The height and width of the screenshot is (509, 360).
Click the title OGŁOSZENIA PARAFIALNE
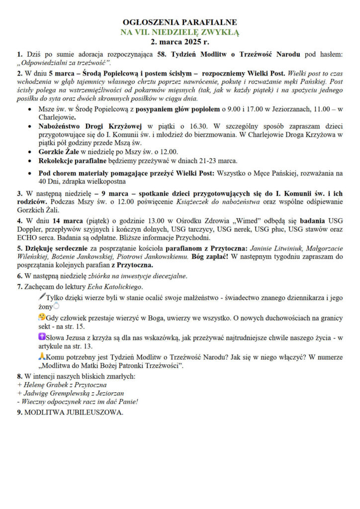(180, 22)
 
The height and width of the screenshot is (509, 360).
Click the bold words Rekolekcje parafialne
(74, 161)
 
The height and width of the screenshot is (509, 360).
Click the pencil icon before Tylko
(42, 296)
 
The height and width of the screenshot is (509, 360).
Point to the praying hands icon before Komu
(42, 356)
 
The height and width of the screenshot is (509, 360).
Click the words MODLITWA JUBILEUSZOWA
(74, 412)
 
